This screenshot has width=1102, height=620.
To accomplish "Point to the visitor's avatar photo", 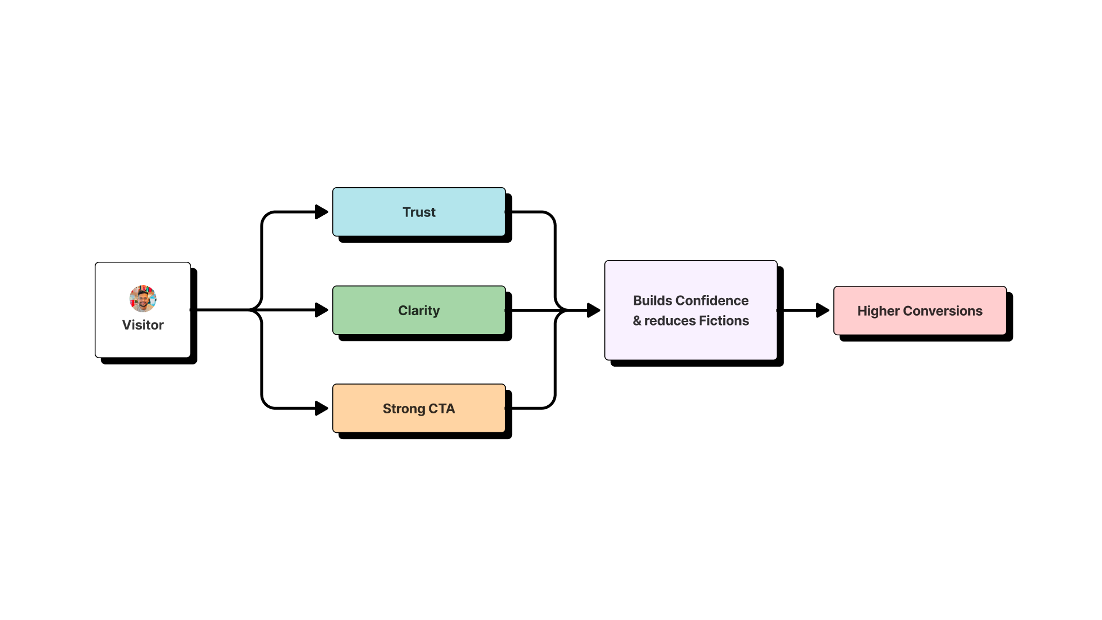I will click(143, 299).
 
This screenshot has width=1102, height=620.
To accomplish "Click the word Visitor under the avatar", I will click(143, 325).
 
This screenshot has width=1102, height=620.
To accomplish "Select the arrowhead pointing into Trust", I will click(321, 212).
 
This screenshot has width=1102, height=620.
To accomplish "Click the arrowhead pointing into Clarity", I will click(321, 310).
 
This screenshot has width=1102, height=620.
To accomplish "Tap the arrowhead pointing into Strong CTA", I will click(321, 408).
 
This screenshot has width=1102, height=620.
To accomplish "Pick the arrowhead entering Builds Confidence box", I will click(593, 310).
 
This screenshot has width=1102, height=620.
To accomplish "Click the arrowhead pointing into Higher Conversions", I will click(822, 310).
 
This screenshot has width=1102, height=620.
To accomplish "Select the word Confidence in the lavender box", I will click(712, 300).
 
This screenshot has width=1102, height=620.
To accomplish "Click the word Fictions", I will click(724, 320).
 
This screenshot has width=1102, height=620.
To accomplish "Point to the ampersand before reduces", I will click(637, 321).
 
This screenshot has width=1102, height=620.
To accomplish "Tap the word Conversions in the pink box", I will click(942, 311).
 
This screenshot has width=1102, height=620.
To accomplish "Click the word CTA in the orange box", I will click(441, 409).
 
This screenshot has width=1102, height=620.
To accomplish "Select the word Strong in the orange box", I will click(403, 409).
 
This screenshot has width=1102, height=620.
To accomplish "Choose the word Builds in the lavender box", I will click(652, 300).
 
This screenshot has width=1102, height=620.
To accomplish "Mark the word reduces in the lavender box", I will click(670, 321).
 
